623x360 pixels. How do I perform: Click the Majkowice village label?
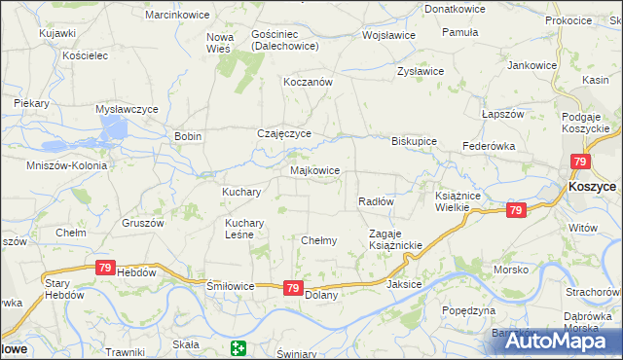[x=315, y=170]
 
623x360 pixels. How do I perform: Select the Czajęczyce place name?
[x=283, y=133]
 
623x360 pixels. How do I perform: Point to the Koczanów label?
[x=308, y=83]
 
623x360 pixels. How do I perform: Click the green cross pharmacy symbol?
[x=238, y=348]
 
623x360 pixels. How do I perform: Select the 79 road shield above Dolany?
[x=293, y=287]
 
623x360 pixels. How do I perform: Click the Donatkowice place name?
[x=454, y=8]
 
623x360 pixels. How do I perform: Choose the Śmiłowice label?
[x=230, y=287]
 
